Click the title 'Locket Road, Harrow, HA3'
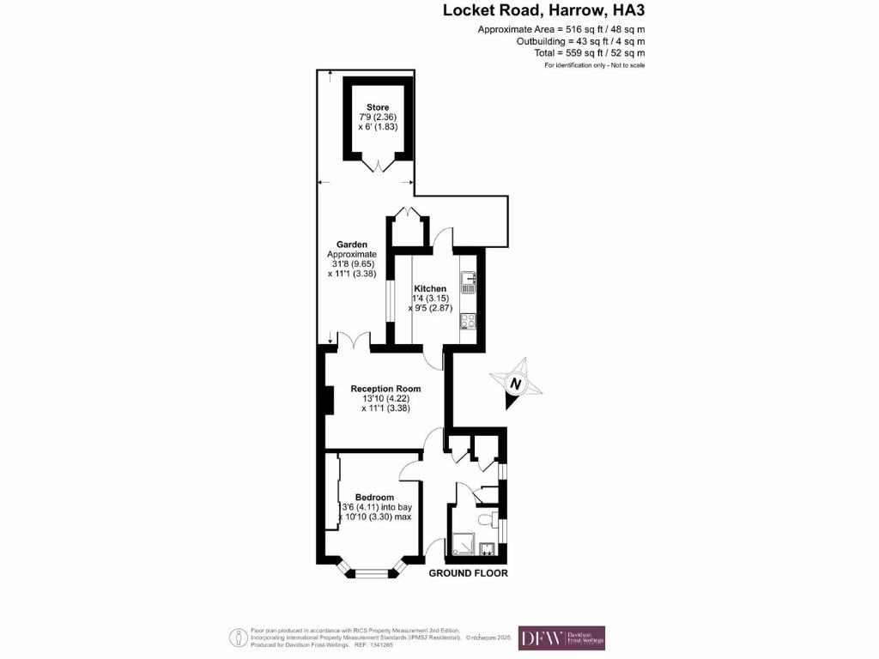click(x=543, y=11)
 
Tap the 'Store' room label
click(x=378, y=107)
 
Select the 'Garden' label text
click(x=351, y=244)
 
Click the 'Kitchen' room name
click(x=430, y=288)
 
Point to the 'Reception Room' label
click(x=385, y=389)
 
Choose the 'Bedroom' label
click(x=375, y=498)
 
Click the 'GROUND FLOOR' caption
click(x=468, y=573)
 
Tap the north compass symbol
click(x=515, y=384)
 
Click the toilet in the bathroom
click(x=487, y=518)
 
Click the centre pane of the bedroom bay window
click(x=370, y=571)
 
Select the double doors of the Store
click(x=378, y=166)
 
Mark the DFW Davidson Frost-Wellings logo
click(x=561, y=638)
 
